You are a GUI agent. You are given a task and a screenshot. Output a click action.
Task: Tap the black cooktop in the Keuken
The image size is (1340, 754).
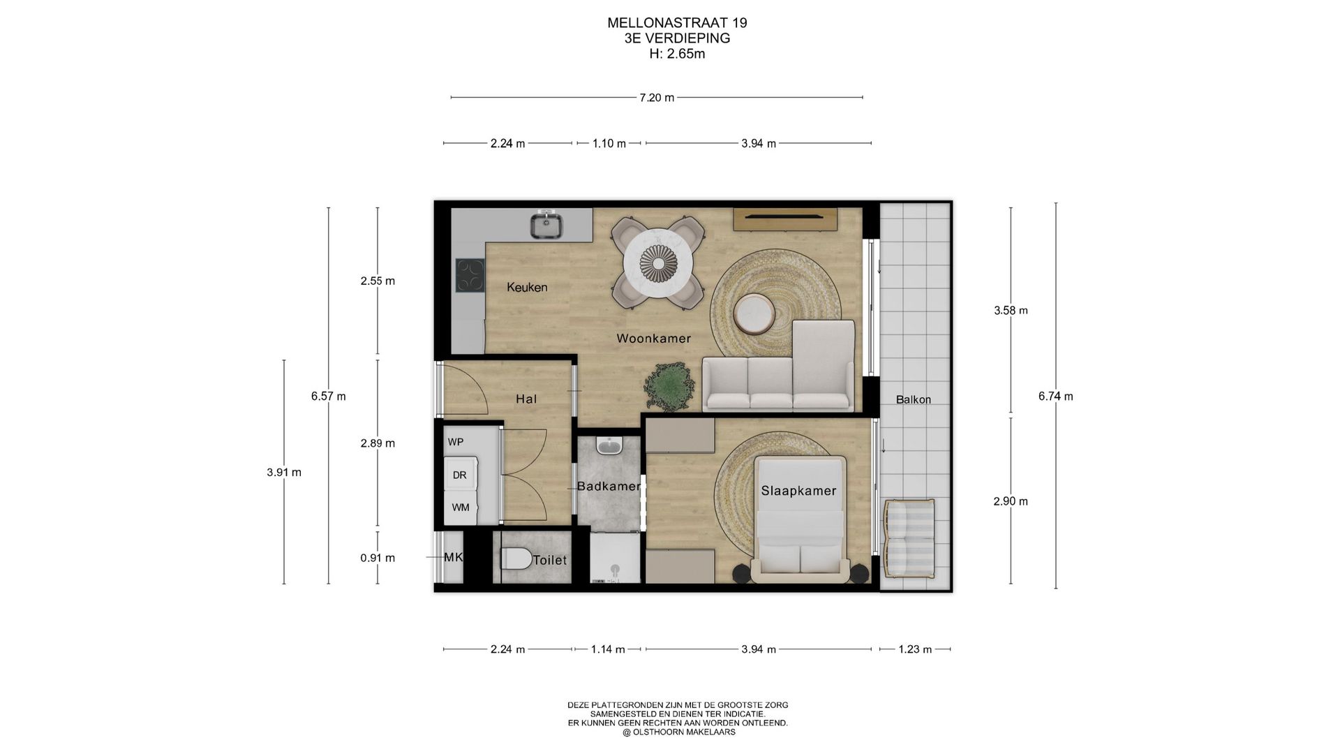pyautogui.click(x=470, y=275)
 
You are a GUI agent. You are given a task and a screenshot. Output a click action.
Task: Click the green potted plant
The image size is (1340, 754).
pyautogui.click(x=669, y=385)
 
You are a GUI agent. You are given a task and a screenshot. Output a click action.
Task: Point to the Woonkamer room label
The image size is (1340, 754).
pyautogui.click(x=654, y=339)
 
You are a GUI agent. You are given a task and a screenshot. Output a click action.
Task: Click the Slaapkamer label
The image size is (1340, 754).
pyautogui.click(x=798, y=491)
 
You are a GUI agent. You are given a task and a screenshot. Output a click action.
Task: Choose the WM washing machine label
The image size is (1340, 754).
pyautogui.click(x=461, y=508)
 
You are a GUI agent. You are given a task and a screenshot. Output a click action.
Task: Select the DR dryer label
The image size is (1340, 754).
pyautogui.click(x=459, y=475)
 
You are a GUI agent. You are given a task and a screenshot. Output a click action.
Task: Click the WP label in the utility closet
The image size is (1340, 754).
pyautogui.click(x=456, y=442)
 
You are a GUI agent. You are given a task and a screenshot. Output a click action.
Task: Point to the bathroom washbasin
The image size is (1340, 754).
pyautogui.click(x=609, y=446)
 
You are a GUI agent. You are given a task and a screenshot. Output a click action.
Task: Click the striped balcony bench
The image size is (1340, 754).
pyautogui.click(x=909, y=538)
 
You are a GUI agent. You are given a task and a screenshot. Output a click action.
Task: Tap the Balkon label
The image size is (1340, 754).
pyautogui.click(x=914, y=400)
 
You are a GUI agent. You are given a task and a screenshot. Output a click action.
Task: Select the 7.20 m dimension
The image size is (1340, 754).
pyautogui.click(x=657, y=98)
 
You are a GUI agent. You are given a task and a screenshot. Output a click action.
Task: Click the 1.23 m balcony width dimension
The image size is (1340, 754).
pyautogui.click(x=915, y=649)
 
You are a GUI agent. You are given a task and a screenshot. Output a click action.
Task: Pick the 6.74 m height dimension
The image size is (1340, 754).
pyautogui.click(x=1056, y=397)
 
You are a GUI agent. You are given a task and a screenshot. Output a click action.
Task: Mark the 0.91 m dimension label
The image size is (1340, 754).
pyautogui.click(x=378, y=558)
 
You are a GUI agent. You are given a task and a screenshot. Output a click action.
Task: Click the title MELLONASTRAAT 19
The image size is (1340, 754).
pyautogui.click(x=677, y=22)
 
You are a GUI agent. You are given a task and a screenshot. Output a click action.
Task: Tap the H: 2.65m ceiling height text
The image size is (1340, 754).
pyautogui.click(x=677, y=54)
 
